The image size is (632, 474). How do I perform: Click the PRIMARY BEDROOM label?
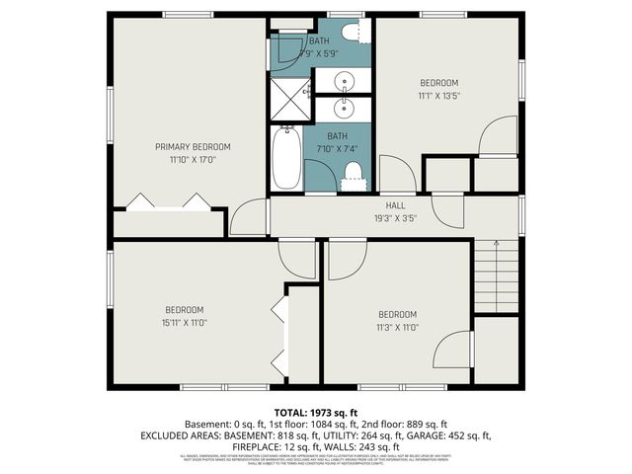(x=192, y=146)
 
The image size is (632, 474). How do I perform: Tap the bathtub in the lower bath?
(x=286, y=158)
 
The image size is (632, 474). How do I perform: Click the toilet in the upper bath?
(x=349, y=33)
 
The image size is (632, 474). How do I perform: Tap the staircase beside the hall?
(x=496, y=276)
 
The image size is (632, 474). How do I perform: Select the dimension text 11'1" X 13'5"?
(x=439, y=96)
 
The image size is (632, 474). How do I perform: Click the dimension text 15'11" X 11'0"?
(x=185, y=322)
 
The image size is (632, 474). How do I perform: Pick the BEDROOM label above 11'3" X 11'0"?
(x=397, y=315)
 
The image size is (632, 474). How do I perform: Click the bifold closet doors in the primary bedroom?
(x=170, y=201)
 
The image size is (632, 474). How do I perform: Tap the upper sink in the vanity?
(x=346, y=81)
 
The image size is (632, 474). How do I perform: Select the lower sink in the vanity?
(x=346, y=108)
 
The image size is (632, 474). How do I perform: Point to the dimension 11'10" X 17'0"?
(x=192, y=158)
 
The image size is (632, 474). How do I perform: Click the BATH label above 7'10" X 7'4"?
(x=338, y=136)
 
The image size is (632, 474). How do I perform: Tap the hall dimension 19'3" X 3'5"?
(x=395, y=218)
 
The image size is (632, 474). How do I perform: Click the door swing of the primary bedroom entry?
(x=250, y=218)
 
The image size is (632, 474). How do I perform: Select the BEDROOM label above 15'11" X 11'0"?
(x=185, y=309)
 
